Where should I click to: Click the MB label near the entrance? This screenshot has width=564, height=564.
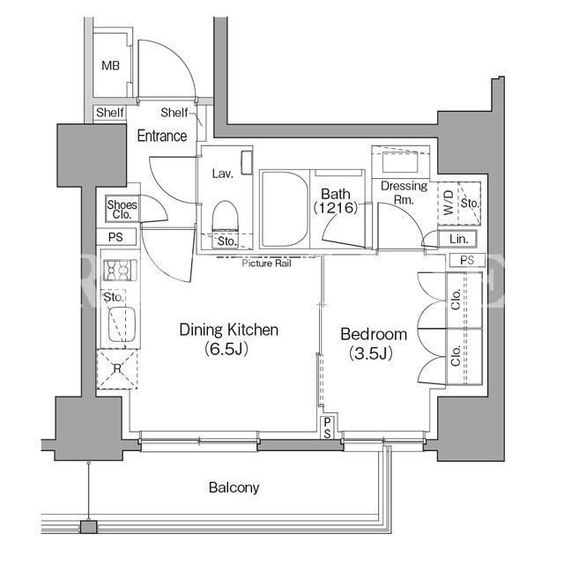(110, 66)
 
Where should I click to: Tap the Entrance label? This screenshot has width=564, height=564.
(162, 136)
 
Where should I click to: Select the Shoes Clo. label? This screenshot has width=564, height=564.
(122, 210)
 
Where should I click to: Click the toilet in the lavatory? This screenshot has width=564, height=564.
(226, 217)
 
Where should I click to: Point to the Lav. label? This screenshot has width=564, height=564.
(223, 174)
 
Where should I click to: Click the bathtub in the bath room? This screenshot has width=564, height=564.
(285, 209)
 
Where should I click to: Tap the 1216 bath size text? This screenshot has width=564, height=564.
(336, 208)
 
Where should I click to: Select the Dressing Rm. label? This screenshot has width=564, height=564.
(404, 192)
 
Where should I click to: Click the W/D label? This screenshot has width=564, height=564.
(449, 203)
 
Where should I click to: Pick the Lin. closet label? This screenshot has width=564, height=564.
(458, 239)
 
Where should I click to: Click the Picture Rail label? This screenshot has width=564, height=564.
(266, 263)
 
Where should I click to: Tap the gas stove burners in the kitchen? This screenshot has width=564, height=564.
(120, 270)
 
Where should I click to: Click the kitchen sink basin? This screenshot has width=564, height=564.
(122, 323)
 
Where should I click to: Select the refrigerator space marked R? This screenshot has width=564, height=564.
(117, 368)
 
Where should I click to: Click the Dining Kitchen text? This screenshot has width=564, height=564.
(229, 330)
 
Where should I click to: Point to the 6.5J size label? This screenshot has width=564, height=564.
(226, 349)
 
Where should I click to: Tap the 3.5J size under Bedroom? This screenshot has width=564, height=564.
(370, 353)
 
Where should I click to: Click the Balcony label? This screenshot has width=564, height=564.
(234, 487)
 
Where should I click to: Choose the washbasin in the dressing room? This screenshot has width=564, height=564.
(400, 162)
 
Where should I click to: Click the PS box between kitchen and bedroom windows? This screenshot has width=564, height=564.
(327, 428)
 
